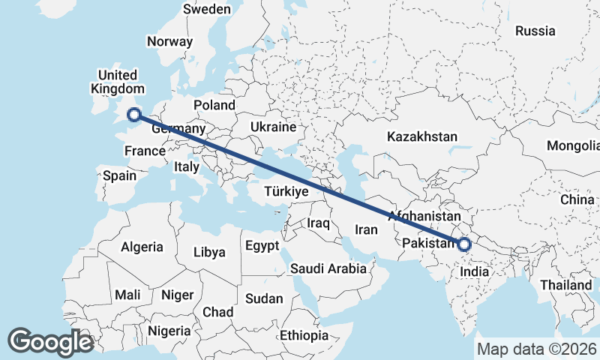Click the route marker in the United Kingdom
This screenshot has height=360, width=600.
coord(134,115)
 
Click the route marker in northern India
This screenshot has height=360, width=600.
coord(464,244)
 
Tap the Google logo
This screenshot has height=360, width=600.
coord(51,342)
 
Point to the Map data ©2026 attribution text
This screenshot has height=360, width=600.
coord(536,349)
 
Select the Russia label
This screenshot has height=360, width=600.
coord(535,31)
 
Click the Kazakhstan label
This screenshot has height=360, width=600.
coord(422,136)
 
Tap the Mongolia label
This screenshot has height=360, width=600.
coord(572,145)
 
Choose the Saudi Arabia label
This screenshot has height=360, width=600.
coord(328,268)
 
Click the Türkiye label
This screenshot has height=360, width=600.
coord(286,192)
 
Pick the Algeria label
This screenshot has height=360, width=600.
coord(142,246)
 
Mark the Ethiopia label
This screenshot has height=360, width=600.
coord(304,334)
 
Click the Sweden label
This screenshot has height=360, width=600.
coord(207,9)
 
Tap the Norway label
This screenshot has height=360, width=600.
coord(169,42)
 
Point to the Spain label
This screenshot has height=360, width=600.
coord(120,176)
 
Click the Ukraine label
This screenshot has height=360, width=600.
coord(273,126)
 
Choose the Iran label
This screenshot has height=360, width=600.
coord(366,229)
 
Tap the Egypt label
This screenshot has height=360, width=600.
coord(262,245)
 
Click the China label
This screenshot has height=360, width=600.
coord(577,199)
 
